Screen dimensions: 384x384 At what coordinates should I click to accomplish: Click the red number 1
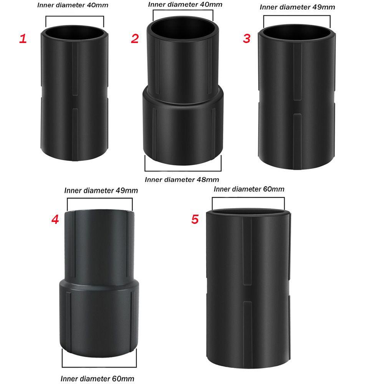click(x=23, y=39)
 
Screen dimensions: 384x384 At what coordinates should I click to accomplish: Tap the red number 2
click(x=135, y=38)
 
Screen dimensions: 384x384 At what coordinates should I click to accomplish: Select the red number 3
click(x=247, y=38)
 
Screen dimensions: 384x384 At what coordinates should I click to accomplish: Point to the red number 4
click(x=55, y=219)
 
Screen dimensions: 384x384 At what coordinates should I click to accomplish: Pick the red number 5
click(x=195, y=219)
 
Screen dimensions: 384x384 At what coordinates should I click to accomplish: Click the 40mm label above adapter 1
click(x=73, y=5)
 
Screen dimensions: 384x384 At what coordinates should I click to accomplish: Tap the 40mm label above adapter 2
click(x=185, y=4)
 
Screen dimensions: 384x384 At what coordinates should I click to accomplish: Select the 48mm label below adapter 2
click(x=182, y=179)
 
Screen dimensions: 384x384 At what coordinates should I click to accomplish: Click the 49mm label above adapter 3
click(x=297, y=7)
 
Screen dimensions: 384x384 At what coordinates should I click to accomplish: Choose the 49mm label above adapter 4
click(x=101, y=190)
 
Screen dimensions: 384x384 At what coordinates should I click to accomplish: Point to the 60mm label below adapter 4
click(x=98, y=378)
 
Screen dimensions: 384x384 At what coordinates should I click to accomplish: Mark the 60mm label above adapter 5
click(x=249, y=189)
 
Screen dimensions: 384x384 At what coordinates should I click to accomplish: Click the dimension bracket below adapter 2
click(x=183, y=171)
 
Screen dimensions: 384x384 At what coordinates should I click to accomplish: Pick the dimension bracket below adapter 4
click(x=99, y=367)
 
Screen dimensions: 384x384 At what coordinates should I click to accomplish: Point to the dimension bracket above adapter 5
click(x=248, y=198)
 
